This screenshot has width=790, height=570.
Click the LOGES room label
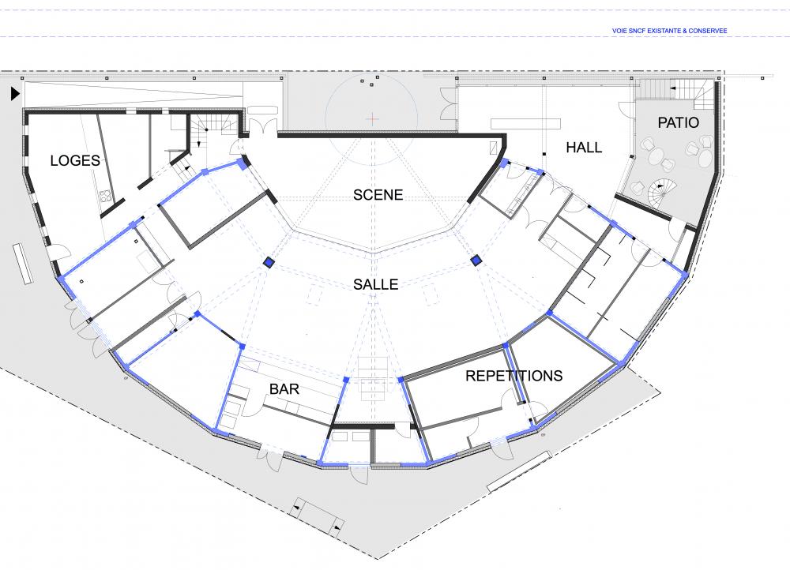75,160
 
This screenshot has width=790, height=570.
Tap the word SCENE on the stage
378,195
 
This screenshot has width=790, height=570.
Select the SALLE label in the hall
376,284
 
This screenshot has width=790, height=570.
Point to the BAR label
284,388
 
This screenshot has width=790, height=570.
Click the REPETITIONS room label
514,376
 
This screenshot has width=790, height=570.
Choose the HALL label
584,148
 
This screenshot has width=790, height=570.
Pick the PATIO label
678,122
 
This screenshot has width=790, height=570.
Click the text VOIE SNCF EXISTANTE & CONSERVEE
670,31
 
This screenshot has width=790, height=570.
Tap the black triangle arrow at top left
15,94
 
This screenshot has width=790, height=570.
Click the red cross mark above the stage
372,119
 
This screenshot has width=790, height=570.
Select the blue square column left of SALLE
269,262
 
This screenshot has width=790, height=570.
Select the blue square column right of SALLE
476,261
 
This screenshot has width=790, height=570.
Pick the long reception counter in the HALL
525,123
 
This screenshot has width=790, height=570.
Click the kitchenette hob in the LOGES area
105,196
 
